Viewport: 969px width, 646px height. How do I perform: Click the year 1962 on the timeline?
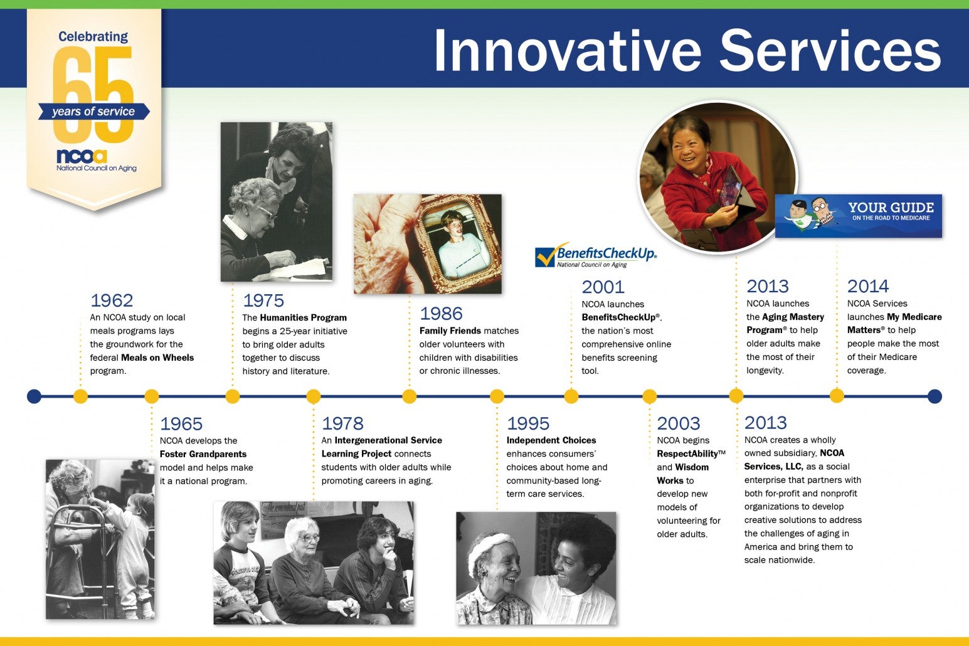(112, 300)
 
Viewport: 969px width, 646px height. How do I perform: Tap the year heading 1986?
(441, 314)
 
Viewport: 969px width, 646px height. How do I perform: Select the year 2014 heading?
(868, 286)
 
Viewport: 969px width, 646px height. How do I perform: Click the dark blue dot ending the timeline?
(935, 396)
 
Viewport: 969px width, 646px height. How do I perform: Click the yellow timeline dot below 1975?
(233, 396)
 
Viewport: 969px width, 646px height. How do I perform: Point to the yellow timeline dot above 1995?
(497, 396)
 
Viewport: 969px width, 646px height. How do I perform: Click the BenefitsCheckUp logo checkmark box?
(545, 257)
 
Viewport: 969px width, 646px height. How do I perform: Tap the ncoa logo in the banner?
(82, 156)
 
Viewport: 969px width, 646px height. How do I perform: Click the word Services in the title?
(830, 51)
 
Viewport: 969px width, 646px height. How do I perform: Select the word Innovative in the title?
(568, 51)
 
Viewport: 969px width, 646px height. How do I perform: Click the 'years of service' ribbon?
(94, 112)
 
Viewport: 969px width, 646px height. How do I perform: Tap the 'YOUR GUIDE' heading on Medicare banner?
(891, 207)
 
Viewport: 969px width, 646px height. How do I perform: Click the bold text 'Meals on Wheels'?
(157, 358)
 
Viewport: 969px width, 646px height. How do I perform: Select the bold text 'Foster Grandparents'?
(203, 454)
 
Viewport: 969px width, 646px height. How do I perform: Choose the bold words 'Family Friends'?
(450, 331)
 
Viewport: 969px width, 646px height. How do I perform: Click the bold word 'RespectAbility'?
(687, 454)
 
